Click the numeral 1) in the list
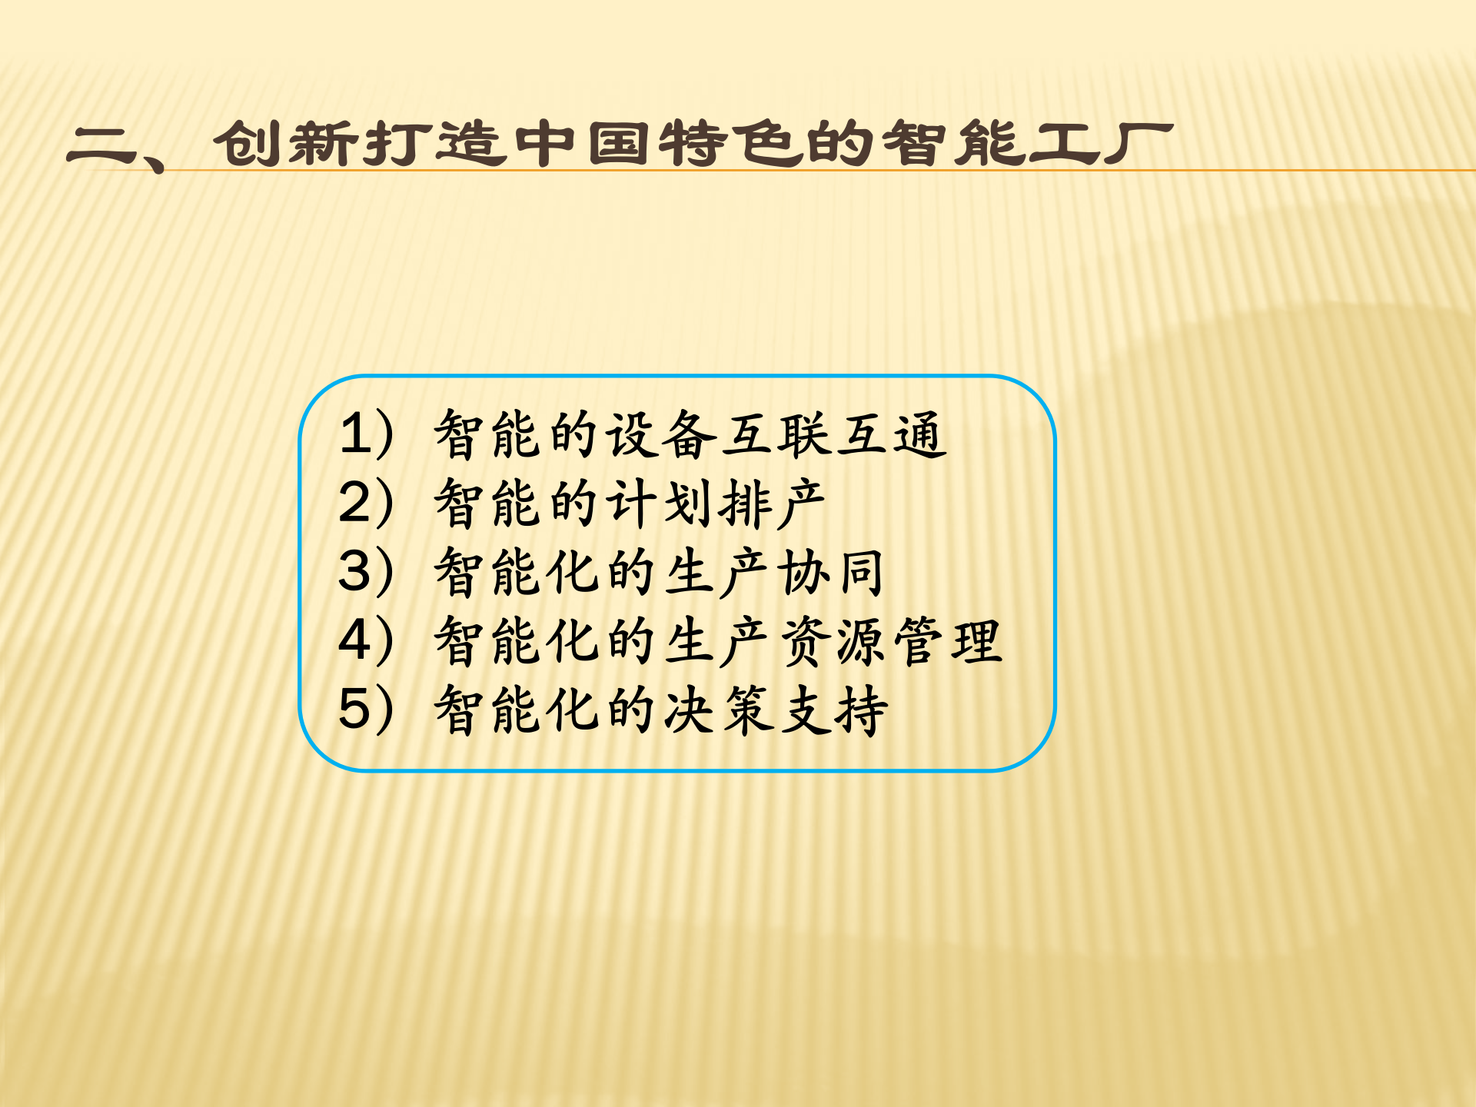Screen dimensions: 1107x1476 pyautogui.click(x=366, y=434)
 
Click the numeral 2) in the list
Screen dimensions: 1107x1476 pyautogui.click(x=366, y=504)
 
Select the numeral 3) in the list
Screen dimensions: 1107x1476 pyautogui.click(x=366, y=572)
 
